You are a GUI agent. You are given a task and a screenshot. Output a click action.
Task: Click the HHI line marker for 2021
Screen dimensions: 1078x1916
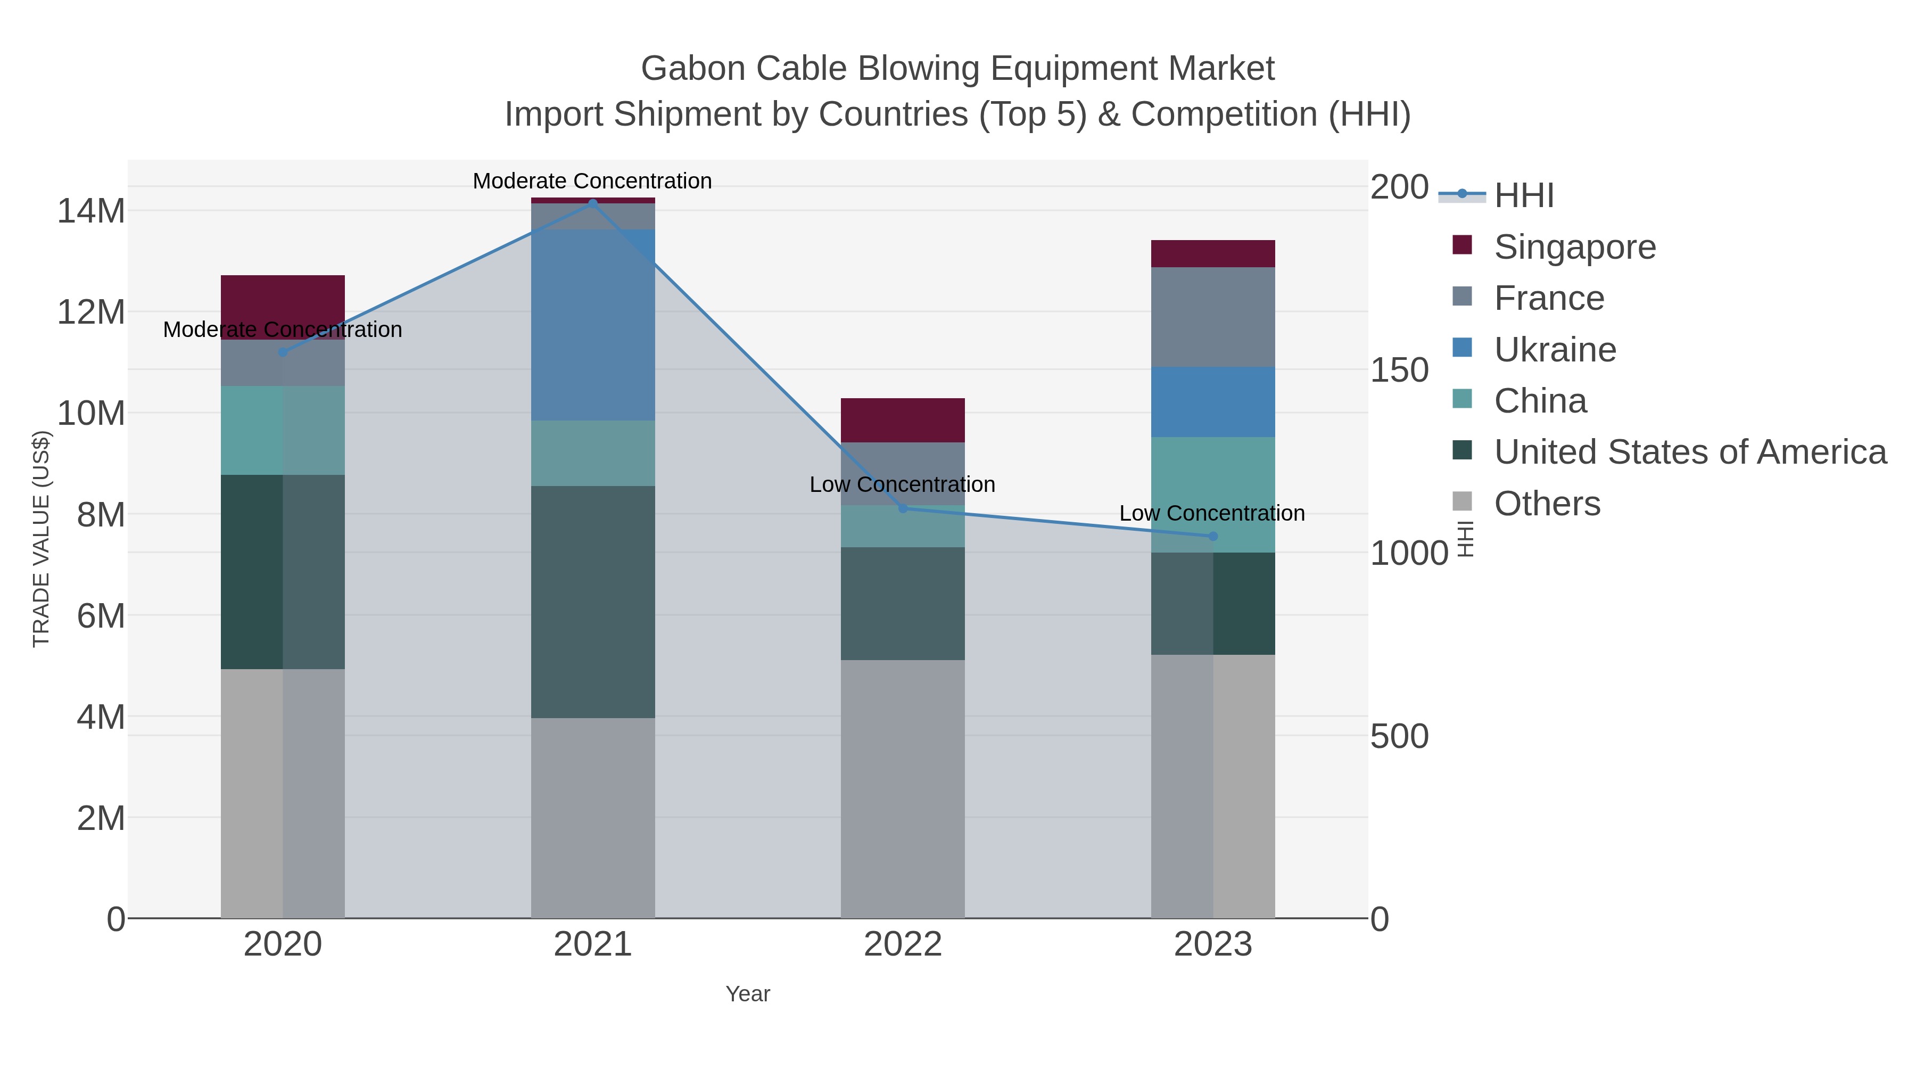[x=593, y=203]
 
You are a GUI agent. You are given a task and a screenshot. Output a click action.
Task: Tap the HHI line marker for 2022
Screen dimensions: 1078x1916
[x=903, y=508]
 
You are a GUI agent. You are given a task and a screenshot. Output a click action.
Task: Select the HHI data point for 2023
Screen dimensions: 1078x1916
[x=1213, y=537]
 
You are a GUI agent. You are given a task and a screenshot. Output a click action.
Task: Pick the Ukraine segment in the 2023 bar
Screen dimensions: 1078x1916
[x=1213, y=402]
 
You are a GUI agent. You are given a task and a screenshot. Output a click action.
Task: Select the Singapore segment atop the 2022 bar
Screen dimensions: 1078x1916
[x=903, y=421]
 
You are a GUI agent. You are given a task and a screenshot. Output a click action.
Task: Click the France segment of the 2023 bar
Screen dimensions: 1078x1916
[x=1213, y=317]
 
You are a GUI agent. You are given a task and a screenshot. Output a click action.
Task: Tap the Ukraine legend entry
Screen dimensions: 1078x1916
[x=1555, y=350]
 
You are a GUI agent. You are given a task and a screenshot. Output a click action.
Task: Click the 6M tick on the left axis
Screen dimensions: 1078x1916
[x=101, y=616]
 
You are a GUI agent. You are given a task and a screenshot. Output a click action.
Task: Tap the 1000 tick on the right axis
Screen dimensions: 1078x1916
[x=1409, y=554]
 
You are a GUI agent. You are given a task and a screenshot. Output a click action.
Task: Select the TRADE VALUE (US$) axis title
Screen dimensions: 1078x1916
[x=42, y=539]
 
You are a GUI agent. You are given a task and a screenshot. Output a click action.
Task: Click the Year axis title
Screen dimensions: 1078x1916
[x=748, y=994]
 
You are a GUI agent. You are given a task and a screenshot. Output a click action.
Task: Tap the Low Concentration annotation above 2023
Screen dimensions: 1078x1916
[x=1212, y=513]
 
